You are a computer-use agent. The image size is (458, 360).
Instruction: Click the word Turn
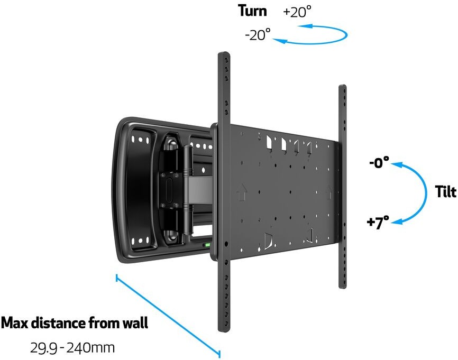(252, 11)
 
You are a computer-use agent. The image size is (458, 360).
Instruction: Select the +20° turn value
(297, 12)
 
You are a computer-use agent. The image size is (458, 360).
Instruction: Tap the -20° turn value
(258, 35)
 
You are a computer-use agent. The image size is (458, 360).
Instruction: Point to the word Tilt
(445, 192)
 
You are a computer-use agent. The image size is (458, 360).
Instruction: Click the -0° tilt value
(379, 162)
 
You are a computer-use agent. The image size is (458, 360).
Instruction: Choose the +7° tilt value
(378, 223)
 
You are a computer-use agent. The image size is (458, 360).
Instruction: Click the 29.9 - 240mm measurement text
(72, 348)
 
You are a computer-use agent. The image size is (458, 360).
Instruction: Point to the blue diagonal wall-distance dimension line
(168, 316)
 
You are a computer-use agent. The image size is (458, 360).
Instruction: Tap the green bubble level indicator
(207, 245)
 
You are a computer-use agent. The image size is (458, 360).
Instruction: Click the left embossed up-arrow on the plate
(241, 192)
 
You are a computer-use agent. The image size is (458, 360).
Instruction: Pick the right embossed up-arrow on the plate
(328, 192)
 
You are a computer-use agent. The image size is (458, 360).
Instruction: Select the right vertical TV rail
(343, 187)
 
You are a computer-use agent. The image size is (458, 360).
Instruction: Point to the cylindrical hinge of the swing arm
(188, 190)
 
